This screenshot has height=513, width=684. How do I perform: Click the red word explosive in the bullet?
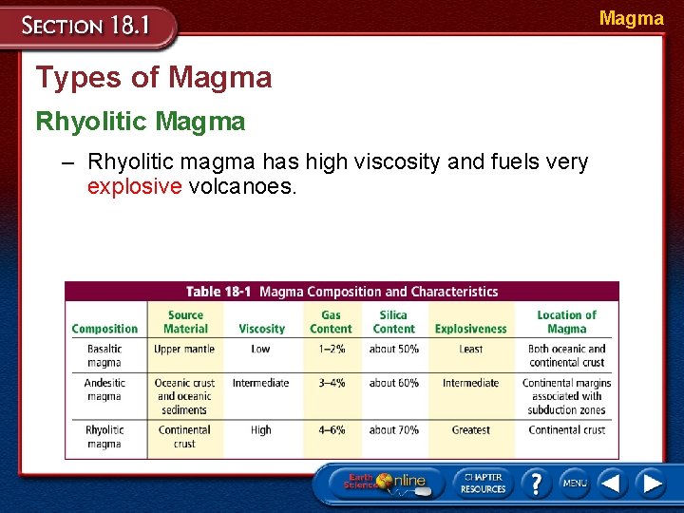pyautogui.click(x=134, y=186)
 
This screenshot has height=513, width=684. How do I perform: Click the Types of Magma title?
pyautogui.click(x=154, y=78)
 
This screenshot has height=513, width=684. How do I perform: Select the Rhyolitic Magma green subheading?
pyautogui.click(x=141, y=122)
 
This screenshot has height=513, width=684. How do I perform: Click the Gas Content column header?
pyautogui.click(x=331, y=322)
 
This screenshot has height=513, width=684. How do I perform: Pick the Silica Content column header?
pyautogui.click(x=393, y=322)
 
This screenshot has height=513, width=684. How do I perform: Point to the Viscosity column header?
pyautogui.click(x=261, y=329)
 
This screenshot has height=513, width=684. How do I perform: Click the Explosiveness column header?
pyautogui.click(x=470, y=329)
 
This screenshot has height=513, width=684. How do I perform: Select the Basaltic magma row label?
pyautogui.click(x=104, y=355)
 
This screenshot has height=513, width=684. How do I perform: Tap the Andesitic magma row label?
pyautogui.click(x=104, y=389)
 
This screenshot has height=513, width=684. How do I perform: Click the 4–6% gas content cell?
pyautogui.click(x=332, y=430)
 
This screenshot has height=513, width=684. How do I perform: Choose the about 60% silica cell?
pyautogui.click(x=393, y=383)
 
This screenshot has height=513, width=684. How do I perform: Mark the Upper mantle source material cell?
pyautogui.click(x=184, y=349)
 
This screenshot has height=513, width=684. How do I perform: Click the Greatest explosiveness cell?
pyautogui.click(x=470, y=430)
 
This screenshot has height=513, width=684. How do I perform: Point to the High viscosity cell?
pyautogui.click(x=261, y=430)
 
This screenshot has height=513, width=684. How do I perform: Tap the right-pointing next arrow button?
pyautogui.click(x=651, y=483)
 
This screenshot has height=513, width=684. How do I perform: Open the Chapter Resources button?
pyautogui.click(x=483, y=483)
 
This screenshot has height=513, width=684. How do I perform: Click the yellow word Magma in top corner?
pyautogui.click(x=631, y=18)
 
